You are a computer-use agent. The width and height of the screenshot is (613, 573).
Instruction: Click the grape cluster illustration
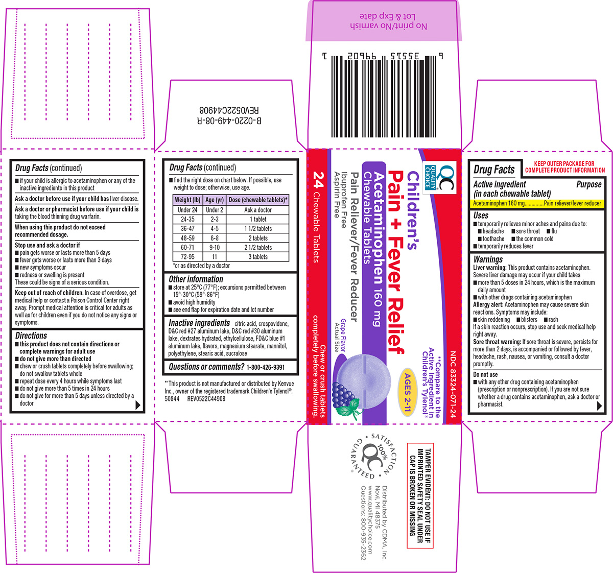[346, 396]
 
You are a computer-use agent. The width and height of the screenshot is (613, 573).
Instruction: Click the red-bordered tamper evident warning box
[420, 495]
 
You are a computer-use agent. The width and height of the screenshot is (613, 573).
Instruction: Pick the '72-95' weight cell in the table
[187, 257]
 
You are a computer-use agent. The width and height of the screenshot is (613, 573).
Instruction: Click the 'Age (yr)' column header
[214, 200]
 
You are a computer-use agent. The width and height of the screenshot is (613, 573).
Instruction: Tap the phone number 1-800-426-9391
[266, 367]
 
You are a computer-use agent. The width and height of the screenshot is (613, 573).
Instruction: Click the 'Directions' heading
[31, 336]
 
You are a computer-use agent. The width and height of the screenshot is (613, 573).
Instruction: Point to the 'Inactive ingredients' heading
[199, 323]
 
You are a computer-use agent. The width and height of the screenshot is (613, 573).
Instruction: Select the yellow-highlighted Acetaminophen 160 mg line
[537, 203]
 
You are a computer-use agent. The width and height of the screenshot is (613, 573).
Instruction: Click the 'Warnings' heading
[488, 259]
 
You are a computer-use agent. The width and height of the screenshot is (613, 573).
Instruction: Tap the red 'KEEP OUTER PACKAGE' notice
[565, 167]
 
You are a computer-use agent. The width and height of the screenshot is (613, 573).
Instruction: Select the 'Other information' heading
[196, 279]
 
